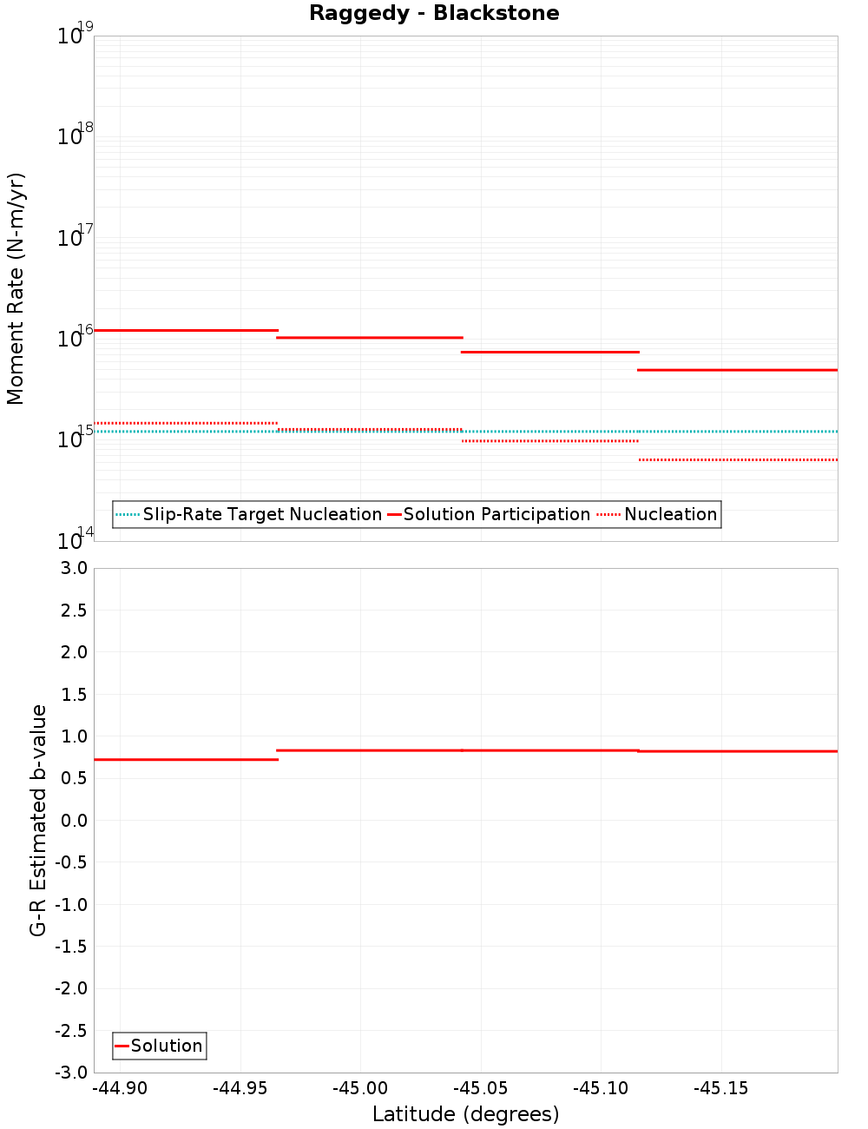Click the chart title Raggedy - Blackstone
(x=434, y=13)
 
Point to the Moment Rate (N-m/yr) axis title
(x=16, y=288)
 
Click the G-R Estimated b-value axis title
(x=38, y=820)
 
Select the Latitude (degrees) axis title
(x=465, y=1114)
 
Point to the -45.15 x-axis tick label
(x=720, y=1088)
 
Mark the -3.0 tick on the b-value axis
(x=70, y=1073)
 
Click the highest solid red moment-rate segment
(x=186, y=330)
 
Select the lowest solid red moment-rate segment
(x=738, y=370)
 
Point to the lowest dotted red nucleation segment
(x=738, y=459)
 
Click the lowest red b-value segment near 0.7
(x=186, y=760)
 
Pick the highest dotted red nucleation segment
(x=186, y=423)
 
